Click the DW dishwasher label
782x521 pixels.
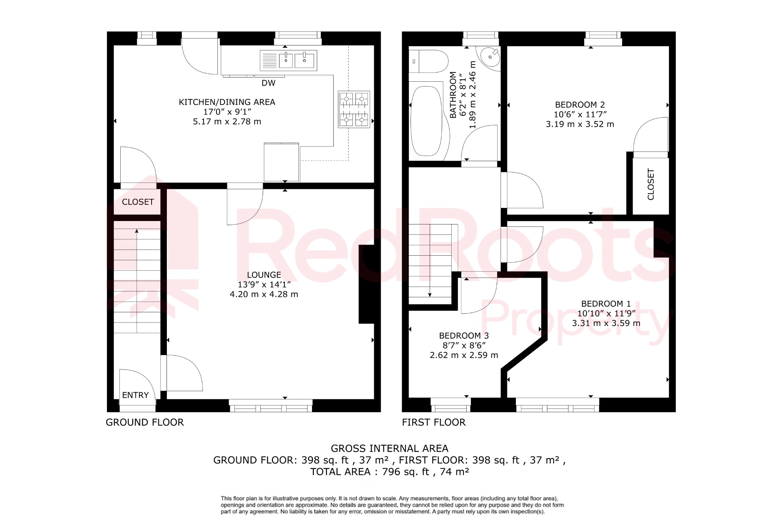268,83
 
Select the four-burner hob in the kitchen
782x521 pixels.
354,109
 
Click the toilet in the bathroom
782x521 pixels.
429,61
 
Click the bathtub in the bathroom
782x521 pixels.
426,121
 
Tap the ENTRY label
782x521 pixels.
135,395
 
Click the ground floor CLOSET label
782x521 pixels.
138,202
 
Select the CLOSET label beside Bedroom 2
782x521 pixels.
651,184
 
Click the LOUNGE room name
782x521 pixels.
264,275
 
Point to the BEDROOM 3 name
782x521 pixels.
464,336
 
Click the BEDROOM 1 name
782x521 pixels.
606,304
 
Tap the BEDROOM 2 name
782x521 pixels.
580,105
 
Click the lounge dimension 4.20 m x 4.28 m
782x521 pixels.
264,294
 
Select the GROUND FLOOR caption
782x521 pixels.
145,422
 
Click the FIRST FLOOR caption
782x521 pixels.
434,422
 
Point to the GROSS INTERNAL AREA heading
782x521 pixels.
389,448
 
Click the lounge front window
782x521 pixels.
271,406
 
